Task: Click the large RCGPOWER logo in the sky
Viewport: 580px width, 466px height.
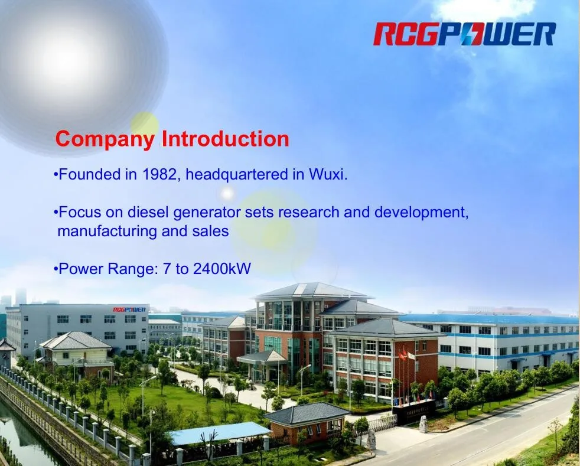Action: pyautogui.click(x=464, y=34)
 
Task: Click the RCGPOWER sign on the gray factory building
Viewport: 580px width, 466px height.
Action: pyautogui.click(x=129, y=309)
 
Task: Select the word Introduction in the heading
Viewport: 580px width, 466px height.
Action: pyautogui.click(x=226, y=139)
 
